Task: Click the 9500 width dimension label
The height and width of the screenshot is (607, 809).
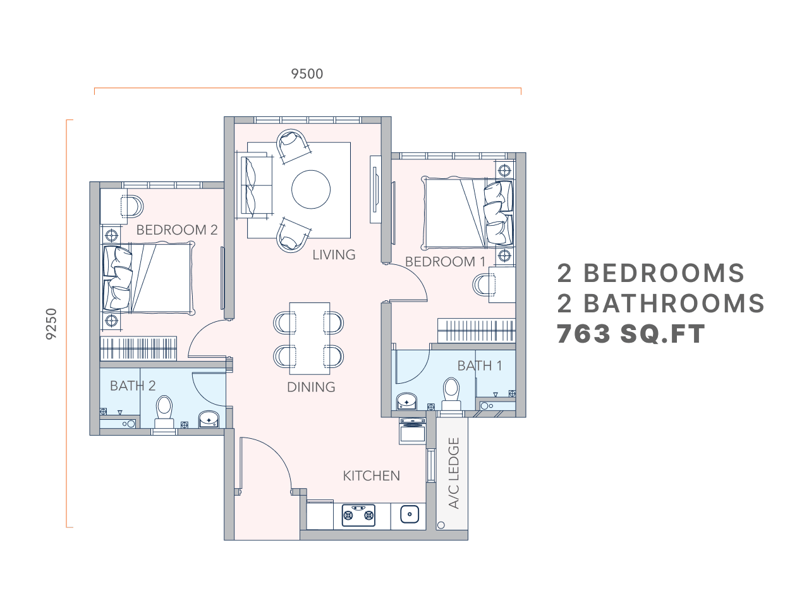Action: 307,74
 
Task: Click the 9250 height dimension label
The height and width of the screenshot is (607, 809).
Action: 52,324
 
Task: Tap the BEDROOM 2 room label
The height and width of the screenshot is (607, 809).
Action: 177,230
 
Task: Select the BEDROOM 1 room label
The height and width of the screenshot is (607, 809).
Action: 445,262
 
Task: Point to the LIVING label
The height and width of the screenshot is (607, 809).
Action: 334,255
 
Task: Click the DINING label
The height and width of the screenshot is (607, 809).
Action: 311,387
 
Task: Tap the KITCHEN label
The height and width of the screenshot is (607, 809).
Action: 371,475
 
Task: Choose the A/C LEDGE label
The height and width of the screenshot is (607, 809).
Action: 453,474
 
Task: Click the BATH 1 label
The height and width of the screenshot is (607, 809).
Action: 480,365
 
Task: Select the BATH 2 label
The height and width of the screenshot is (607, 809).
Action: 133,386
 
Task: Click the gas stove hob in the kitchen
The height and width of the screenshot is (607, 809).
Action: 358,515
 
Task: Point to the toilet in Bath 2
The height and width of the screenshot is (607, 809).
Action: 165,412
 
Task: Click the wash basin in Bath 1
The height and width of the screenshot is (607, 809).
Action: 406,400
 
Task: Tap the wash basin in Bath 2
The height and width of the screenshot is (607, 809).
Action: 209,419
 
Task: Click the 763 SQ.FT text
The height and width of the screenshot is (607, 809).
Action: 630,334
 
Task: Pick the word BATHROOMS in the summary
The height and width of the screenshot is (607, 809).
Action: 674,303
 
